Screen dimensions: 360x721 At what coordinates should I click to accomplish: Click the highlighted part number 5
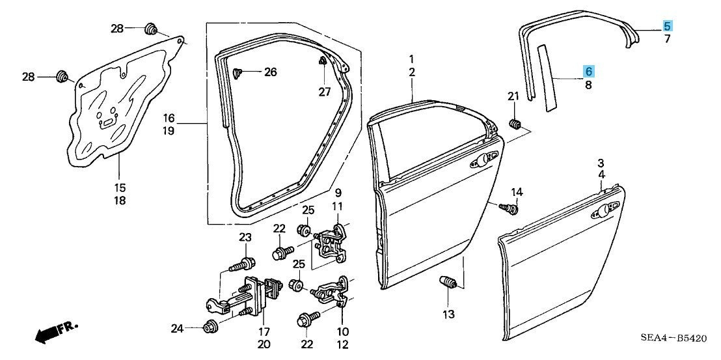click(x=668, y=26)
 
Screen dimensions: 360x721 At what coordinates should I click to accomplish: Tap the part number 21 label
click(x=513, y=97)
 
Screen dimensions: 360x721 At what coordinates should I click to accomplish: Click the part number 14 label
click(x=516, y=192)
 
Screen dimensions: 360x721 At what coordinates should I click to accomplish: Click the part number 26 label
click(x=270, y=72)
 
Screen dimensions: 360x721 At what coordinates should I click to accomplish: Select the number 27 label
click(x=325, y=92)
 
